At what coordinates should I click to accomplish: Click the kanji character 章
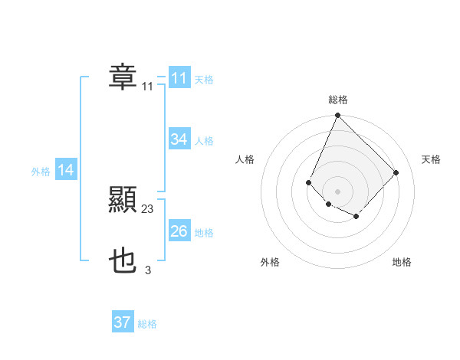(123, 77)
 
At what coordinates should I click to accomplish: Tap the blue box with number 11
(179, 78)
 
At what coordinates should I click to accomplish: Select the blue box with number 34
(179, 139)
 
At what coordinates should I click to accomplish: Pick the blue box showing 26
(179, 231)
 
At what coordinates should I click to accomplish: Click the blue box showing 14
(66, 171)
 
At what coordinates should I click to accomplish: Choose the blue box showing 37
(123, 322)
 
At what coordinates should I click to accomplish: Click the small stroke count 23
(148, 209)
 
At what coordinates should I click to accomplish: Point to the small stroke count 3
(148, 270)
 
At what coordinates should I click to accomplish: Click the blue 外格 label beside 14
(41, 172)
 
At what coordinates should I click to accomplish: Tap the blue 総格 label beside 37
(147, 324)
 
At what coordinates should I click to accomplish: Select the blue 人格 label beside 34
(204, 141)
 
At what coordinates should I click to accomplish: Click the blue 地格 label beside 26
(204, 233)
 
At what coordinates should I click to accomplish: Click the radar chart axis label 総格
(338, 100)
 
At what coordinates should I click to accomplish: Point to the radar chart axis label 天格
(431, 159)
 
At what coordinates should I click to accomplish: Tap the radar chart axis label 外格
(270, 262)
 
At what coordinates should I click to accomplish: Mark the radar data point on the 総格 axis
(337, 116)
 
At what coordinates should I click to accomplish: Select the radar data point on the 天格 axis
(396, 172)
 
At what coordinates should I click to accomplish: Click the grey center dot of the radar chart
(337, 191)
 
